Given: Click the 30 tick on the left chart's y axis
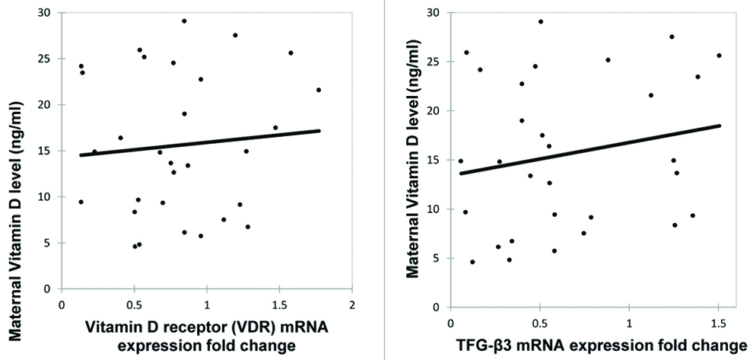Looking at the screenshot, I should pyautogui.click(x=48, y=12).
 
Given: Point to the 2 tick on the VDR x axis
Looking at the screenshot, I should pyautogui.click(x=352, y=304).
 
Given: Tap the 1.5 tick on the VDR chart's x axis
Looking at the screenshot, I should pyautogui.click(x=280, y=304).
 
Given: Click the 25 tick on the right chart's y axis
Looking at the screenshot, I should pyautogui.click(x=436, y=62).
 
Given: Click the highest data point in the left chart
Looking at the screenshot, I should pyautogui.click(x=184, y=21).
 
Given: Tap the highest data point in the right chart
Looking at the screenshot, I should pyautogui.click(x=541, y=22).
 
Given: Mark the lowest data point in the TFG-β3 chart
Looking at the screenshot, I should pyautogui.click(x=472, y=262).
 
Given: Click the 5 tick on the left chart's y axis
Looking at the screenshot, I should pyautogui.click(x=51, y=243).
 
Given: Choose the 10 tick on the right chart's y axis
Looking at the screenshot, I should pyautogui.click(x=436, y=209).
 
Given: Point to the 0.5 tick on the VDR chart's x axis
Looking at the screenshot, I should pyautogui.click(x=134, y=304).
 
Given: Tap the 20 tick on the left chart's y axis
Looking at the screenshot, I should pyautogui.click(x=48, y=104).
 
